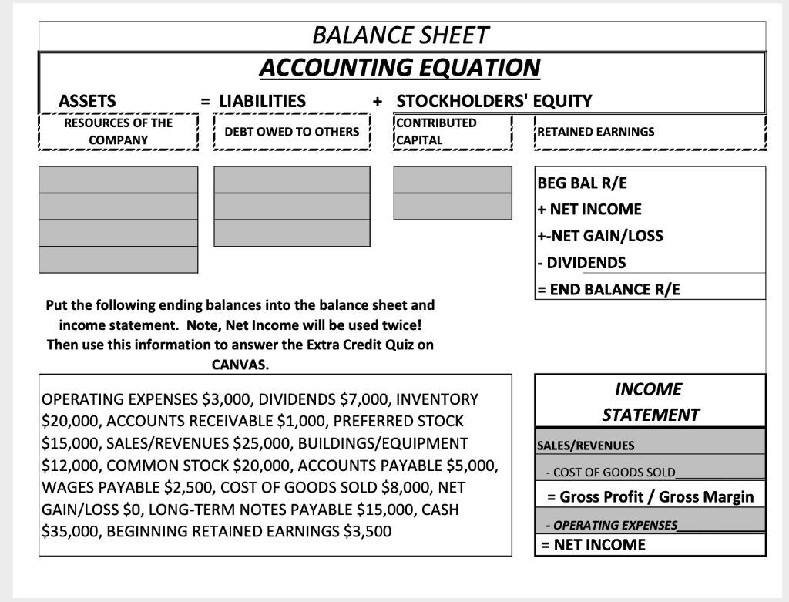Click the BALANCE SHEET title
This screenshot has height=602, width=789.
click(400, 35)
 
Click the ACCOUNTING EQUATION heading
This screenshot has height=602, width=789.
click(400, 67)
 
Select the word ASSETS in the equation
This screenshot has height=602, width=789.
click(87, 101)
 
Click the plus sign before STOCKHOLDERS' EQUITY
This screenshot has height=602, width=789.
click(378, 101)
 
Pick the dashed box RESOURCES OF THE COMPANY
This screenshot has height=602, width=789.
click(118, 132)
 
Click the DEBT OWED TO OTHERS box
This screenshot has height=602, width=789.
click(292, 132)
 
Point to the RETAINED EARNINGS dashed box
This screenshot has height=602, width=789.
click(650, 132)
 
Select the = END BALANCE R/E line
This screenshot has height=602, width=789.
click(609, 290)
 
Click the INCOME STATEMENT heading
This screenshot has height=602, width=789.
click(650, 402)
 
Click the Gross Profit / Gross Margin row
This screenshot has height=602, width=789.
click(650, 496)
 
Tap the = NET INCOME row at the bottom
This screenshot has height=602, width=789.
click(593, 545)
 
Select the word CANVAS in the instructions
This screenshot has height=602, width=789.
click(240, 364)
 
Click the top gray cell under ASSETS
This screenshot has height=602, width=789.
click(118, 180)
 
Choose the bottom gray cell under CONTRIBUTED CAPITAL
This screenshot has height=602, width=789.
click(452, 206)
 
